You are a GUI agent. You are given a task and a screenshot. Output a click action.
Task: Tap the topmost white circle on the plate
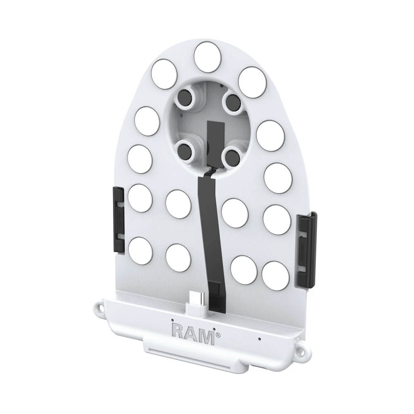point(207,57)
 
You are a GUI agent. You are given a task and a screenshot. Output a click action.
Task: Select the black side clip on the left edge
point(118,220)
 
